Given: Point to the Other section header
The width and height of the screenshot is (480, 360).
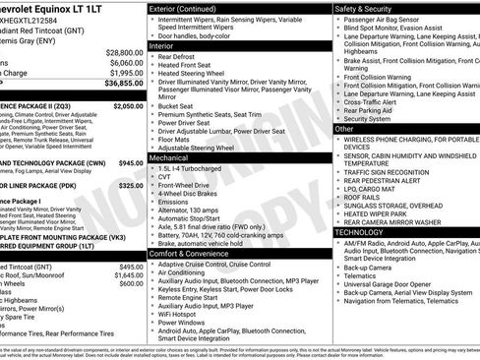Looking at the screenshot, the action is click(x=344, y=129).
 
